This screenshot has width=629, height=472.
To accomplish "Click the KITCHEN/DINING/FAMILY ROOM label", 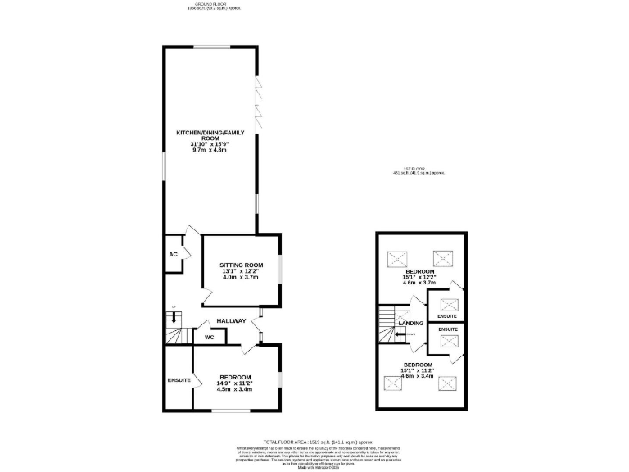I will click(210, 135).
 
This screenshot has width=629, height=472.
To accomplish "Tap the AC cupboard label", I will click(173, 255).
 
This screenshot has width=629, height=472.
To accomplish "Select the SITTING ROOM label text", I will click(241, 265).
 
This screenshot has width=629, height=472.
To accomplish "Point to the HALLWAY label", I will click(231, 320).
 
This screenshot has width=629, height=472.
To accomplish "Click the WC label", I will click(209, 336).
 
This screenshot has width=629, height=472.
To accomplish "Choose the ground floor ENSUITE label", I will click(179, 380).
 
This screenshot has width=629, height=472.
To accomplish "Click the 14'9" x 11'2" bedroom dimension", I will click(235, 383).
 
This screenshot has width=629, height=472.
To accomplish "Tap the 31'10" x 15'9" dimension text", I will click(210, 145).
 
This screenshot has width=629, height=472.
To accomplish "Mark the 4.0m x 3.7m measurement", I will click(241, 278).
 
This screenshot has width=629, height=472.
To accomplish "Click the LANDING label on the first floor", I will click(411, 324).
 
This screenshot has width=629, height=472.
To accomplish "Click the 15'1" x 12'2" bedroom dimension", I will click(419, 277).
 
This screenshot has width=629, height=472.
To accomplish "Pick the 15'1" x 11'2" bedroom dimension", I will click(418, 370).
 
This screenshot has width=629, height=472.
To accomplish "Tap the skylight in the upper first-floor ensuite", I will click(448, 304).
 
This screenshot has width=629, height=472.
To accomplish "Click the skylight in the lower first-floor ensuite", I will click(448, 342).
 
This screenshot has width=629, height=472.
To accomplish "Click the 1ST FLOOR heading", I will click(418, 169).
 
